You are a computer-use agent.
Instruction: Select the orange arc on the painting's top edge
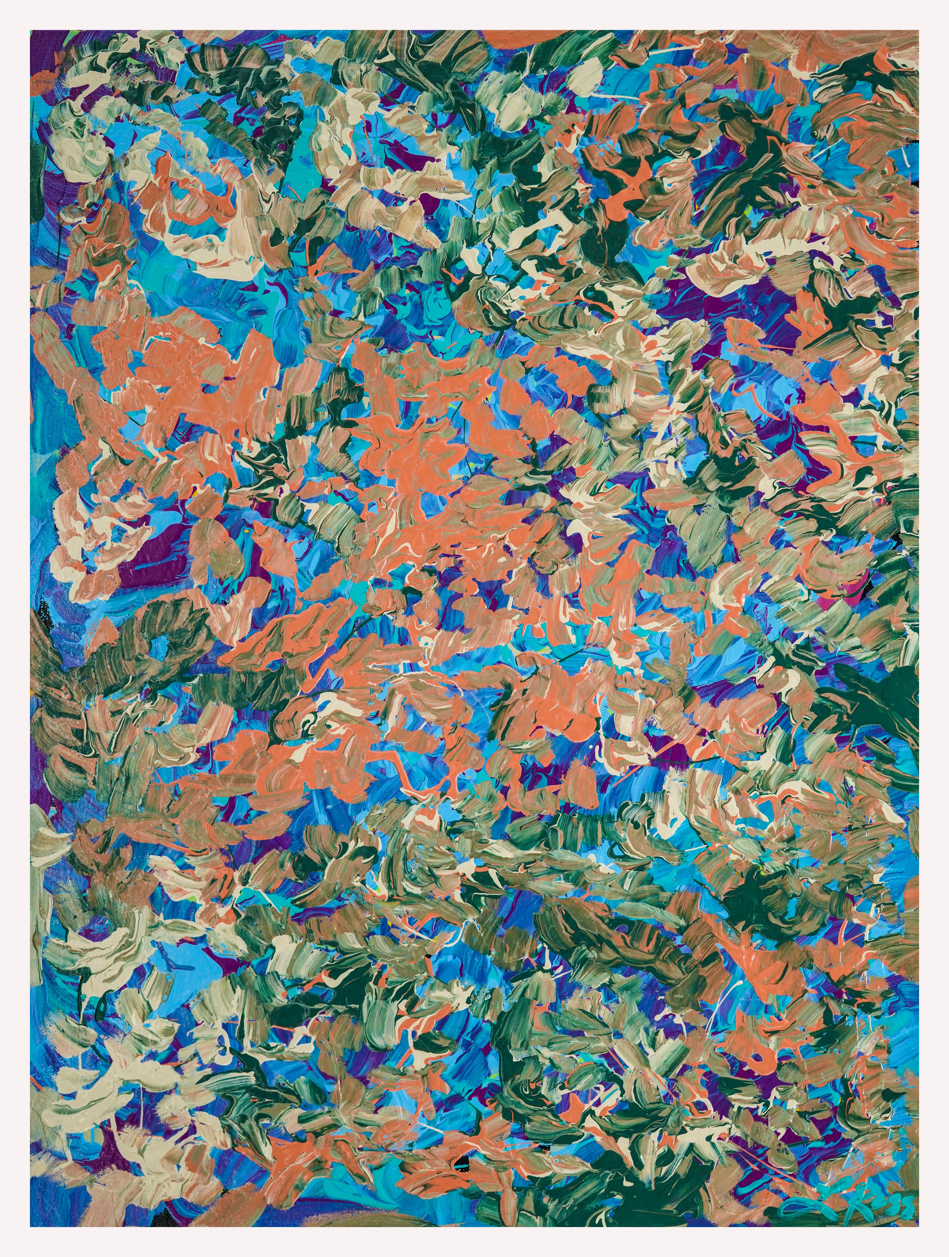coord(517,35)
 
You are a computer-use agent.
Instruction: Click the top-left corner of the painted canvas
coord(31,31)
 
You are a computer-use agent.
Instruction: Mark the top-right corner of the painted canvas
coord(918,31)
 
